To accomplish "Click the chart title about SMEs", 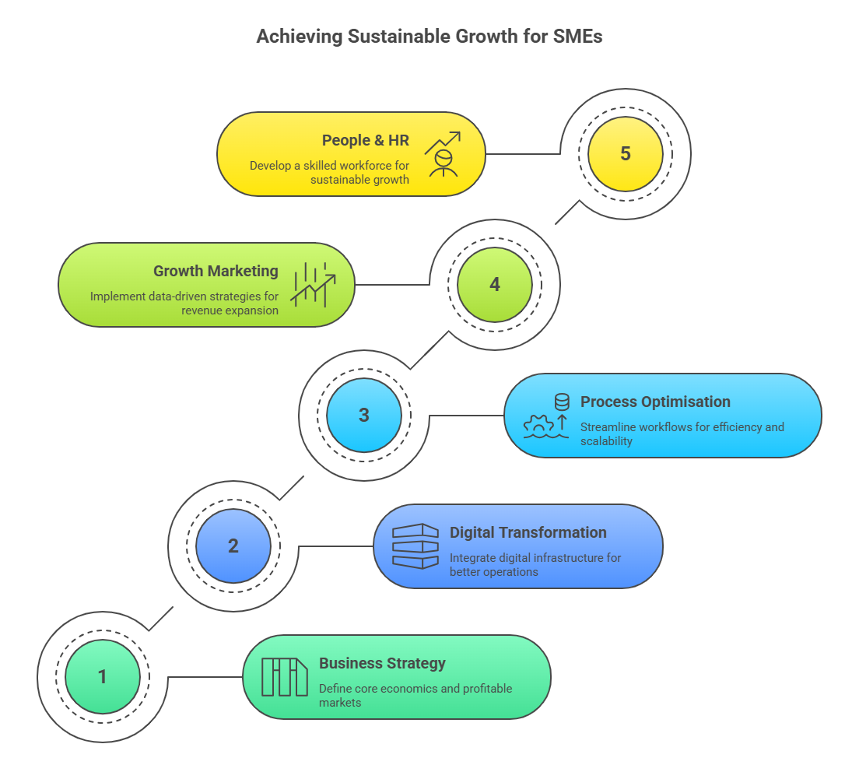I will (429, 37).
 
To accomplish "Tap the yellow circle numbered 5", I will (626, 153).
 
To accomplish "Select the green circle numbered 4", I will (495, 284).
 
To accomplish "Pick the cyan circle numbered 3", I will (364, 415).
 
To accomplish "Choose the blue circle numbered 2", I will (233, 546).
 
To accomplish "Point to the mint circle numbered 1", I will (103, 676).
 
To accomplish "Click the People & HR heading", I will (366, 141).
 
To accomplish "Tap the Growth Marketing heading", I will (216, 272).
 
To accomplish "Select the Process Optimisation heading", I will (655, 402).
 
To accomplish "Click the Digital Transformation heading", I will (528, 533).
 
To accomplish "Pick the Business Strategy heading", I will (382, 664).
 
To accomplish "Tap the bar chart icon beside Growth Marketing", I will (313, 284).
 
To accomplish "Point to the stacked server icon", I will (415, 546).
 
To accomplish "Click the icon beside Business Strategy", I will (285, 676).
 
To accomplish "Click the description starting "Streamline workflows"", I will (682, 433).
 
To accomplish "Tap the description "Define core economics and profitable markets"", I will (415, 695).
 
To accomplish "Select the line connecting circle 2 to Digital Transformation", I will (335, 546).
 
